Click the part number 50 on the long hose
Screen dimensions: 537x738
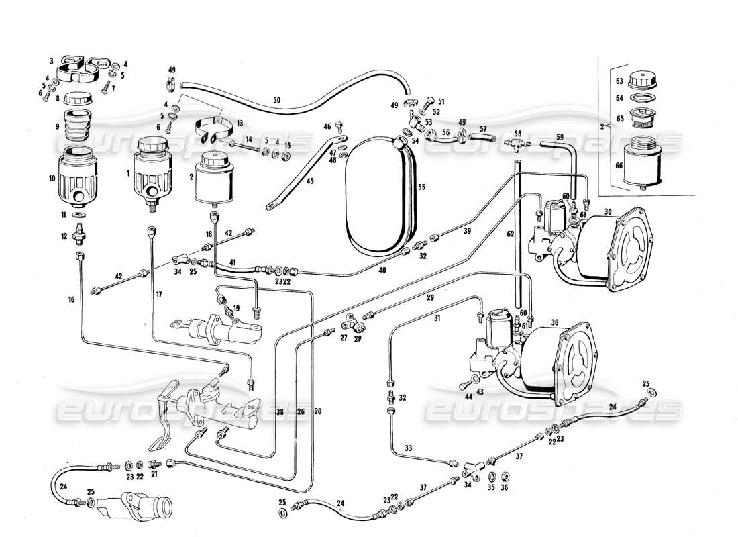point(276,100)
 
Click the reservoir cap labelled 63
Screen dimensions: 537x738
point(645,81)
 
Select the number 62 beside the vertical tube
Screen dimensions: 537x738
point(511,234)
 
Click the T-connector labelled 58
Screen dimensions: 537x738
point(517,143)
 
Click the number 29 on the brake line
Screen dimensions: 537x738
point(429,296)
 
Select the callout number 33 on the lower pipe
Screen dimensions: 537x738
point(407,448)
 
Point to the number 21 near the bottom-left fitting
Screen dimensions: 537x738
point(154,473)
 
